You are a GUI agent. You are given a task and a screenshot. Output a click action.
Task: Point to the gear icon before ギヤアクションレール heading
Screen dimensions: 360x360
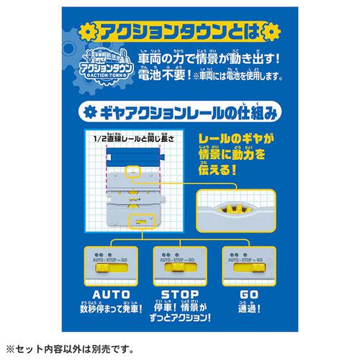pos(90,113)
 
